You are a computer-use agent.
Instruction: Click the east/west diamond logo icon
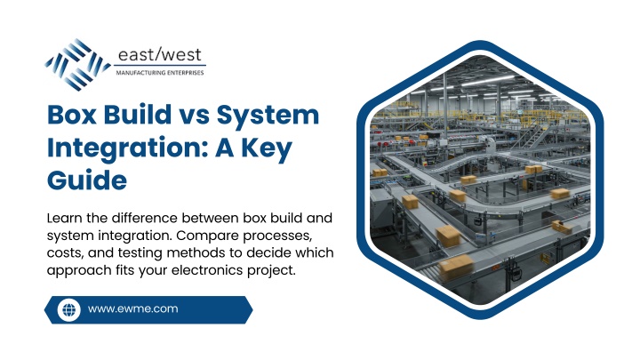coord(77,65)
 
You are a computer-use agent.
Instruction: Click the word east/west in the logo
coord(160,55)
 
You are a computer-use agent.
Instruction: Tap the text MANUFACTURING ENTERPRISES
coord(160,73)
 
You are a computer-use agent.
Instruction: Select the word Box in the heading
coord(72,115)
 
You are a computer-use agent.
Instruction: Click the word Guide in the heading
coord(87,180)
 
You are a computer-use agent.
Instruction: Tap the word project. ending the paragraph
coord(271,271)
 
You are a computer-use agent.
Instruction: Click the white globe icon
coord(69,310)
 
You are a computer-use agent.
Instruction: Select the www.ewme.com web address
coord(133,309)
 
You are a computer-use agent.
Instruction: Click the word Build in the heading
coord(138,115)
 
